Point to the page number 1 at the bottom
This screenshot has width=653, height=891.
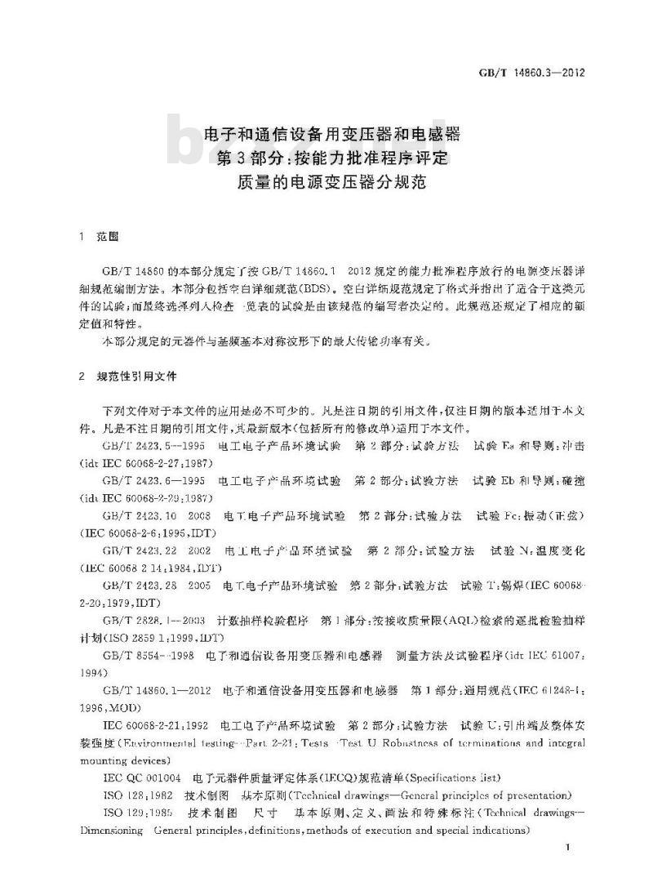click(567, 851)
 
